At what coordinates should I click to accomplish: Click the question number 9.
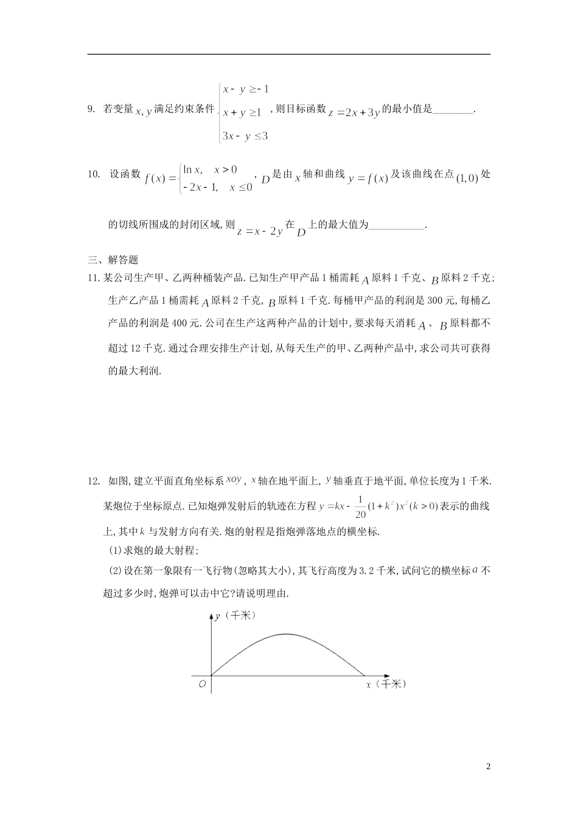[x=91, y=110]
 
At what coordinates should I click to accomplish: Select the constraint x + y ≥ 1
[x=242, y=112]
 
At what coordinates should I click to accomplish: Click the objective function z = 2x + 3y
[x=353, y=112]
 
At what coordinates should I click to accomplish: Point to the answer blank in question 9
[x=453, y=110]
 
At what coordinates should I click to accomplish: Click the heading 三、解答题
[x=113, y=260]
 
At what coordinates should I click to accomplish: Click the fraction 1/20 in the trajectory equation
[x=360, y=507]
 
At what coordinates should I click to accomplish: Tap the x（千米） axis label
[x=385, y=684]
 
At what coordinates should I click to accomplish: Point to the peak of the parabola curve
[x=286, y=635]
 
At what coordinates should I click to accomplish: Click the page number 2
[x=488, y=767]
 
